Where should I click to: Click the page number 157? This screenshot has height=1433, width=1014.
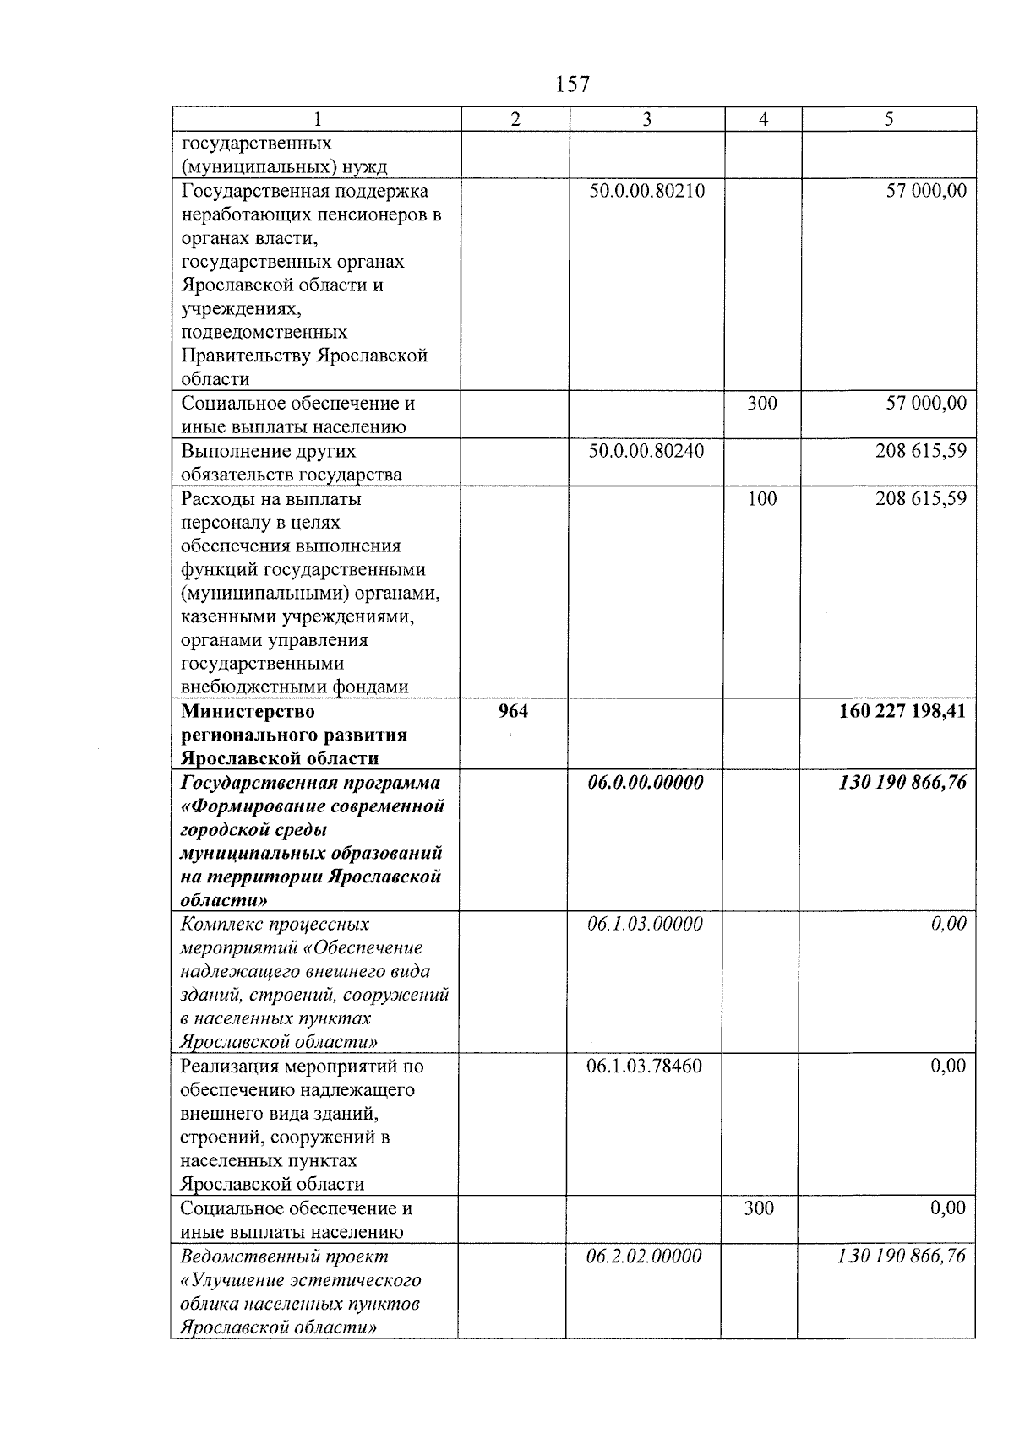(x=573, y=84)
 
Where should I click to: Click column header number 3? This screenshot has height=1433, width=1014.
(x=646, y=120)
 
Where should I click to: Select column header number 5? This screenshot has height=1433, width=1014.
(x=888, y=120)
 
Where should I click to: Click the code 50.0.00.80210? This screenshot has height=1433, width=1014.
(x=646, y=191)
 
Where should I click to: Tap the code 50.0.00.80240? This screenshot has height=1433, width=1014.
(x=646, y=451)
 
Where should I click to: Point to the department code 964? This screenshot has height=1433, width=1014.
(x=513, y=711)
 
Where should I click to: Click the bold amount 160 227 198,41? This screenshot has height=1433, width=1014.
(x=902, y=711)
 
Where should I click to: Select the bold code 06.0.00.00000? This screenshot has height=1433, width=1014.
(x=646, y=783)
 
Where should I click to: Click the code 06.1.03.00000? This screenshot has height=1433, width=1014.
(x=645, y=925)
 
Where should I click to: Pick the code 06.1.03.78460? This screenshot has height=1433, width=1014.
(x=644, y=1067)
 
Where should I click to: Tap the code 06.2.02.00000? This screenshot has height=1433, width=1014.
(x=644, y=1257)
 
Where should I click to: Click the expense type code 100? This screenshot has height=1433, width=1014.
(x=762, y=498)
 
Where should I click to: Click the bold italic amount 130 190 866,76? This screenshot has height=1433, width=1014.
(x=902, y=783)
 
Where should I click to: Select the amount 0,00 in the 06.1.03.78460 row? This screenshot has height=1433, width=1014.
(x=948, y=1067)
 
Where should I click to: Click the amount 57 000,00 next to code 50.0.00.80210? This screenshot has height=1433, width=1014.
(x=925, y=191)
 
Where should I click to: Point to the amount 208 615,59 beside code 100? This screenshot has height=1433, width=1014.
(x=920, y=498)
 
